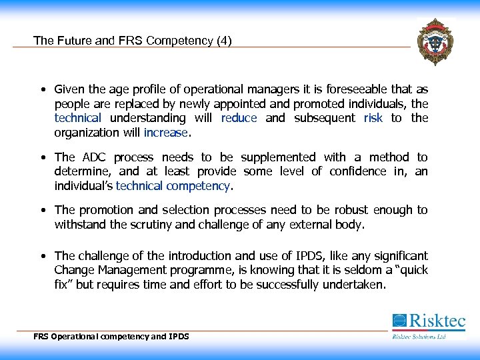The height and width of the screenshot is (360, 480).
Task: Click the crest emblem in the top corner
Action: [x=435, y=41]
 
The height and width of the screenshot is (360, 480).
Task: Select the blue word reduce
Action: [x=239, y=118]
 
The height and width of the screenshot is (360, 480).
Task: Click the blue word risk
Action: [x=373, y=118]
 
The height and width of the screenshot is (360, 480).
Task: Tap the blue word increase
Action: [x=166, y=132]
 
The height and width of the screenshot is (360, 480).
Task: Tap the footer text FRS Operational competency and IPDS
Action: [x=111, y=337]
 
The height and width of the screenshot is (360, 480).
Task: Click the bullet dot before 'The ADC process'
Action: [x=42, y=157]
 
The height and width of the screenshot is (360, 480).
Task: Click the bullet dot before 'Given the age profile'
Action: [x=42, y=89]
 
